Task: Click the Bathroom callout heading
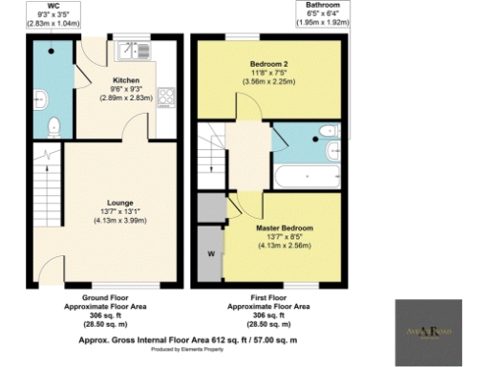click(322, 5)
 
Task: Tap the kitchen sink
click(127, 49)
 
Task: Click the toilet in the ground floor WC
click(54, 124)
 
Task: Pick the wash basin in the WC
click(39, 96)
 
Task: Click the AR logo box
click(429, 332)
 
